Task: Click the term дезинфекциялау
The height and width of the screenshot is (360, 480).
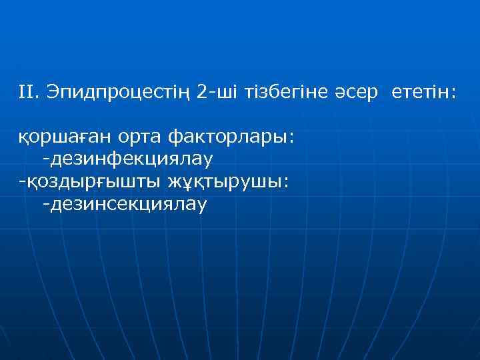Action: pos(130,160)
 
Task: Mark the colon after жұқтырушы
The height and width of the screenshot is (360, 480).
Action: pos(286,183)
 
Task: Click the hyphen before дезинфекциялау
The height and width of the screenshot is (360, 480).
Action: pos(45,159)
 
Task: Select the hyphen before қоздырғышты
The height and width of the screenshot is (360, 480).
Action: pos(22,181)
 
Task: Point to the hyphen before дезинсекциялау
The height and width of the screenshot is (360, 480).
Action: pos(45,203)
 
